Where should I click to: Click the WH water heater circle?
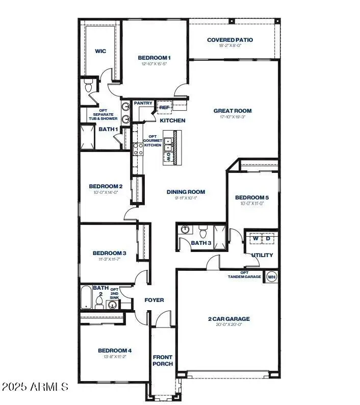pyautogui.click(x=271, y=276)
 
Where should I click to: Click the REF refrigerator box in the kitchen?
pyautogui.click(x=164, y=108)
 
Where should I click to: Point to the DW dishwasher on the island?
pyautogui.click(x=168, y=158)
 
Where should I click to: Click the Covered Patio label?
pyautogui.click(x=230, y=40)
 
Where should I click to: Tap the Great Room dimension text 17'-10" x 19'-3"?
pyautogui.click(x=232, y=117)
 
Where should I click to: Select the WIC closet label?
pyautogui.click(x=100, y=51)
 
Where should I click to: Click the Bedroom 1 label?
pyautogui.click(x=155, y=58)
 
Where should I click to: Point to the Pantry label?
pyautogui.click(x=143, y=104)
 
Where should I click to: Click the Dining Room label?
pyautogui.click(x=186, y=192)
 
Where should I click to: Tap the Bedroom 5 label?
pyautogui.click(x=251, y=197)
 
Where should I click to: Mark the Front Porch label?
pyautogui.click(x=163, y=360)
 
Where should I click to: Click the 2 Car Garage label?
pyautogui.click(x=228, y=319)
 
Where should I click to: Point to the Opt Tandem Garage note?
pyautogui.click(x=244, y=274)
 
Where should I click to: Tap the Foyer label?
pyautogui.click(x=154, y=300)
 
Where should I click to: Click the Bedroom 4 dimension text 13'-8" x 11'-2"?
pyautogui.click(x=115, y=357)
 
